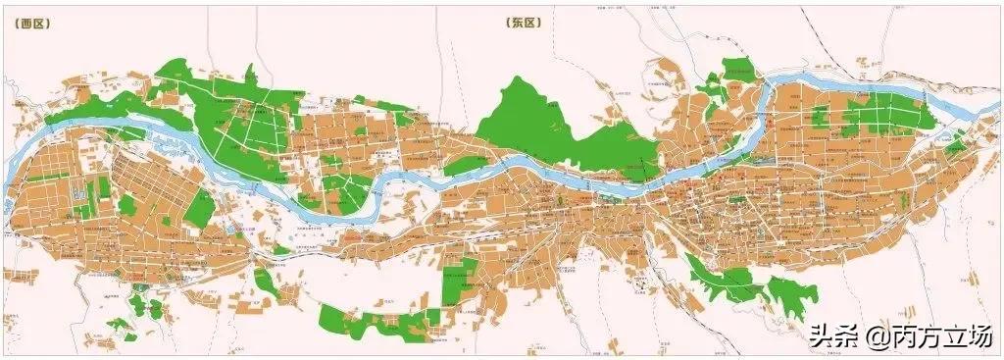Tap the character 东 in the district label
click(517, 22)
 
